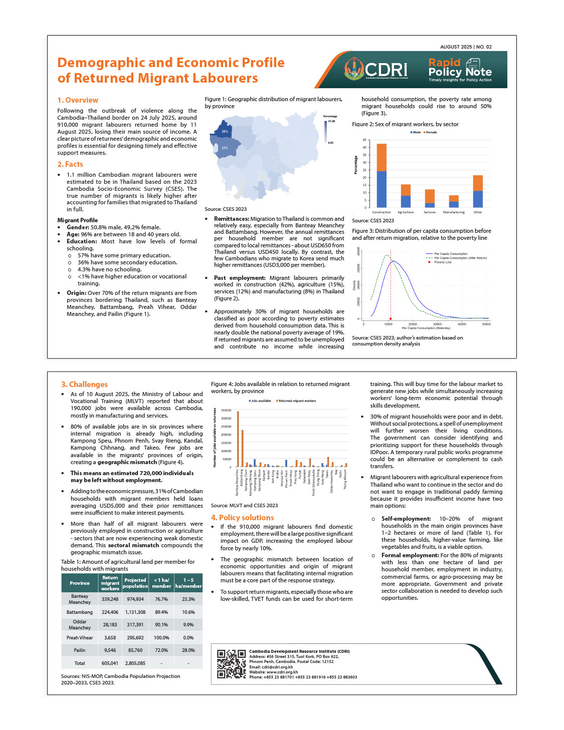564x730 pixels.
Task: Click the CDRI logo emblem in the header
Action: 354,69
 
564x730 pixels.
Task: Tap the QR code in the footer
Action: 232,664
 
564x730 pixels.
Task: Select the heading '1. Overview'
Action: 78,100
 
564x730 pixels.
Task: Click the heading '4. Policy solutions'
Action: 242,518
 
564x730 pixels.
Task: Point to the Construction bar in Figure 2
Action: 382,175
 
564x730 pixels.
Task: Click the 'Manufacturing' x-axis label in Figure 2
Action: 454,212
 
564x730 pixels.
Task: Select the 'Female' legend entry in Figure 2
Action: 430,132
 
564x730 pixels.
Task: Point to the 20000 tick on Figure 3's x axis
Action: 413,324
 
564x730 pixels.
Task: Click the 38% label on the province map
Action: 225,132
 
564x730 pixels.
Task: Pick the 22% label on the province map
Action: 225,148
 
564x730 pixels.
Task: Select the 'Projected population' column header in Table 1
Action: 135,583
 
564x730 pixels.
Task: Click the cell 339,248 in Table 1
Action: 110,599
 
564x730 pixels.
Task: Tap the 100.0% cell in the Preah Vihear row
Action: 161,638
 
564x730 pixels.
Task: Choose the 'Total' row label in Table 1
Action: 80,663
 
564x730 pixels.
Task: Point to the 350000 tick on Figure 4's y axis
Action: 226,410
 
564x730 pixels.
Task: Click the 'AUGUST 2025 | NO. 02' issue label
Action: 466,47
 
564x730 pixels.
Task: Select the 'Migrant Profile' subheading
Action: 78,220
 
